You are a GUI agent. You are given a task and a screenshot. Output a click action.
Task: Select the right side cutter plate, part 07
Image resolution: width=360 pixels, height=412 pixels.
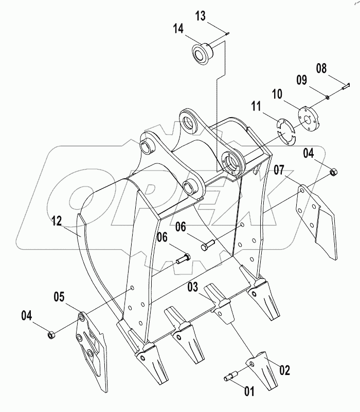pyautogui.click(x=318, y=219)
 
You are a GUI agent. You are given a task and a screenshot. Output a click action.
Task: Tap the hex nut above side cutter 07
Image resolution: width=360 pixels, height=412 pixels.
pyautogui.click(x=333, y=172)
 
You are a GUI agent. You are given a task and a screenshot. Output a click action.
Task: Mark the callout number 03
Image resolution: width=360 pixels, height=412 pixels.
pyautogui.click(x=192, y=287)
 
